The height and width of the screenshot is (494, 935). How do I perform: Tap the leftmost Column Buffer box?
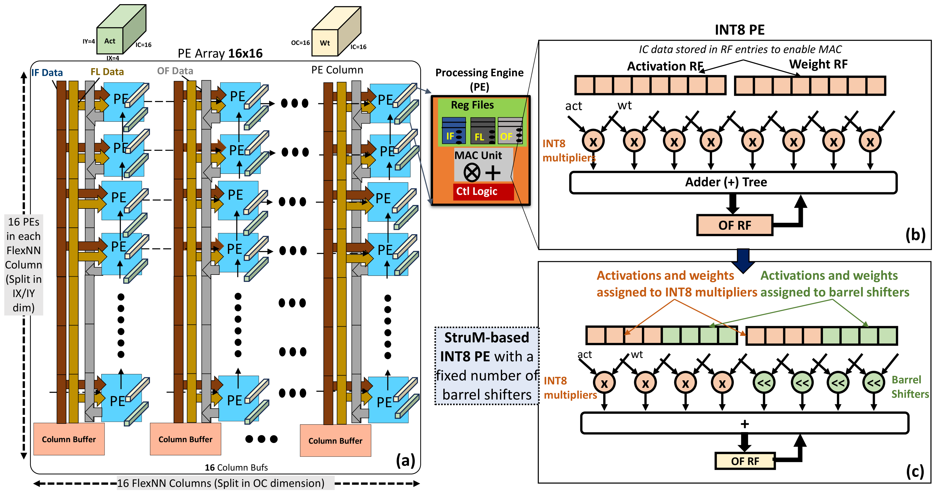pyautogui.click(x=69, y=439)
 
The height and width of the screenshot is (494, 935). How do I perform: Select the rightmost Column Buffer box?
pyautogui.click(x=335, y=440)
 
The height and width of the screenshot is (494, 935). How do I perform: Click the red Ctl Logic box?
pyautogui.click(x=483, y=192)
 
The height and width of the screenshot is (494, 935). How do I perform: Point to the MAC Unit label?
pyautogui.click(x=478, y=155)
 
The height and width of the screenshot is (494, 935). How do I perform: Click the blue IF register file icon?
pyautogui.click(x=454, y=131)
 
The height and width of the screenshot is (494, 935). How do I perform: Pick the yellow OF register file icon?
pyautogui.click(x=510, y=131)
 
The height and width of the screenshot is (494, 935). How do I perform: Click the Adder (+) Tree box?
pyautogui.click(x=733, y=182)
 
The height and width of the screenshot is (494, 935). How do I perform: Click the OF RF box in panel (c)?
pyautogui.click(x=745, y=461)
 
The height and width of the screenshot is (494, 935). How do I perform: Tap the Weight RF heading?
pyautogui.click(x=818, y=64)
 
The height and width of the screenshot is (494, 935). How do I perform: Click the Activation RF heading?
pyautogui.click(x=665, y=66)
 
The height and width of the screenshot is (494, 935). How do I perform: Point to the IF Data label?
pyautogui.click(x=47, y=73)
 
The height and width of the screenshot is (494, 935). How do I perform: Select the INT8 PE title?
pyautogui.click(x=739, y=30)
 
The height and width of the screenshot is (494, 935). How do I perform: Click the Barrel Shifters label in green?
pyautogui.click(x=910, y=386)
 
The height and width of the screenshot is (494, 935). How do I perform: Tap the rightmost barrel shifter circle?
pyautogui.click(x=873, y=382)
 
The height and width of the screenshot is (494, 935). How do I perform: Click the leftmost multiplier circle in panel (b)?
pyautogui.click(x=593, y=141)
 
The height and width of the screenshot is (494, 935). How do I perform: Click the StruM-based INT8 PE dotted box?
pyautogui.click(x=487, y=365)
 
